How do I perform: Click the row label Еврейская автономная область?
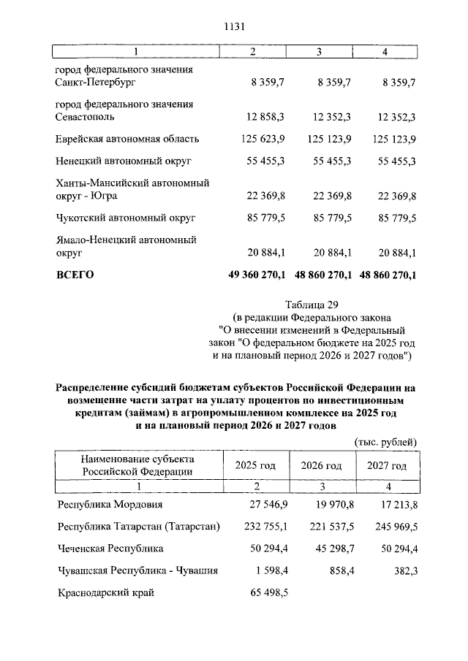click(x=127, y=139)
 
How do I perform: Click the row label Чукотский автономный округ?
click(x=121, y=218)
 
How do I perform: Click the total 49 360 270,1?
click(x=260, y=275)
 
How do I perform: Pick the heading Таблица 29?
click(x=312, y=305)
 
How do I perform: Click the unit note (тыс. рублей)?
click(x=385, y=441)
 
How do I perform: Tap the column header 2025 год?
click(x=254, y=465)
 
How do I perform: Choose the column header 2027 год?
click(x=386, y=465)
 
